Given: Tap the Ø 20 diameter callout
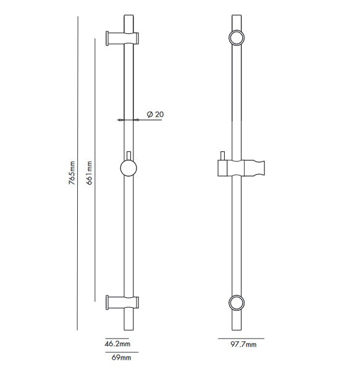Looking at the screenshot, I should coord(155,114).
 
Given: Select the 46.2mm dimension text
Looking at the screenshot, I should coord(117,344).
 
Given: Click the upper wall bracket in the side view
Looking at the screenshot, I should coord(122,38).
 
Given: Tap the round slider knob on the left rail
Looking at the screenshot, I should coord(128,168).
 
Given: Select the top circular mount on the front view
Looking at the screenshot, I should coord(235,38).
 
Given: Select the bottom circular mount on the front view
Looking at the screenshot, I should coord(235,303).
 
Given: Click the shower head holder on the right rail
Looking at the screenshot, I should coord(241,167).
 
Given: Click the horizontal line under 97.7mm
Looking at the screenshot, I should coord(241,338).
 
